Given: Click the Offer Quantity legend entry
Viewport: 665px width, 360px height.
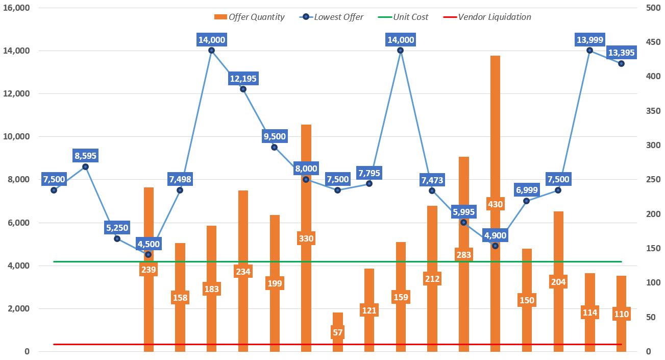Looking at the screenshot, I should point(250,17).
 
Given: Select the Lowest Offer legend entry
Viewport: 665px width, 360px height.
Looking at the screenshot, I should point(332,17).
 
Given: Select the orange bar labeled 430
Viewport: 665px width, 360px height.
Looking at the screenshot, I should point(495,153).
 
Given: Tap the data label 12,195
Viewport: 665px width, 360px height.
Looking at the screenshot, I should point(243,79).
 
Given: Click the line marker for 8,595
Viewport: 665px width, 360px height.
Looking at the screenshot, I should point(85,166).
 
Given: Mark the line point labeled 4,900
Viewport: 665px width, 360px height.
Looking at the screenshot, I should point(495,246).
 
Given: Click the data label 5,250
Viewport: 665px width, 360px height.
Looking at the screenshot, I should point(117,228).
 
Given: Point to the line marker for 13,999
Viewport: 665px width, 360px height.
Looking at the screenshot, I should point(589,50).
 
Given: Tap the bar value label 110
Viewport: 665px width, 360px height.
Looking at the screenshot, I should point(621,314).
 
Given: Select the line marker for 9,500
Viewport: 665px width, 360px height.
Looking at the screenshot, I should point(275,147).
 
